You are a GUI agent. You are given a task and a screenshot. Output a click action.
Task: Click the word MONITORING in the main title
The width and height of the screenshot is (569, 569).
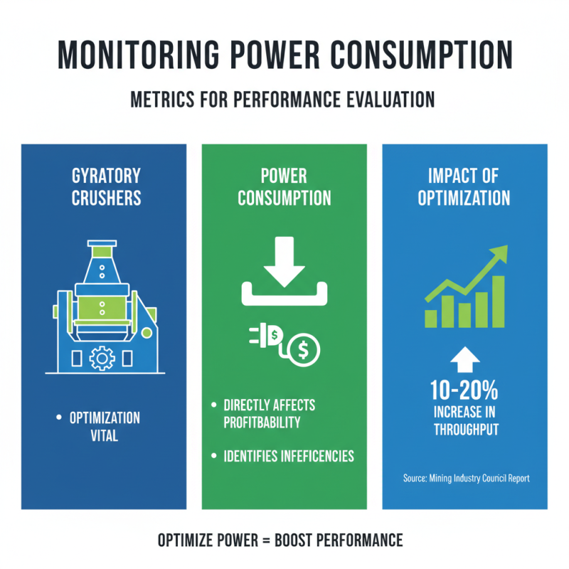coord(139,55)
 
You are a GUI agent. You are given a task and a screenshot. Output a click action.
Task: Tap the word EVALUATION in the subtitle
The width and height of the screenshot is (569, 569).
coord(390,100)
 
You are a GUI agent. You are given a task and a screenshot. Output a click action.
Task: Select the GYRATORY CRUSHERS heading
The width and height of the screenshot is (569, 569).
coord(106,187)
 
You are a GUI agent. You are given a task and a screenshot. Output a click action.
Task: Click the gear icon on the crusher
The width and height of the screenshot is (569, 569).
coord(102,358)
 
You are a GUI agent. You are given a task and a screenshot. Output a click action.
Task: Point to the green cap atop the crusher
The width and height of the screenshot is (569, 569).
coord(102,252)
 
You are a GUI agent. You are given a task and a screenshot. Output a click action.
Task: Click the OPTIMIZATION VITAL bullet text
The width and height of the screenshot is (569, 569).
coord(105,427)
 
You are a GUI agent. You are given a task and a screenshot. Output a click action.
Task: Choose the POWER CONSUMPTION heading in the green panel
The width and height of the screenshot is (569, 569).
coord(284,187)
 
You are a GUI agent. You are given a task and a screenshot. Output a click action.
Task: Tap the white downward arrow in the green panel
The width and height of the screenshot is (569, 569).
coord(284,262)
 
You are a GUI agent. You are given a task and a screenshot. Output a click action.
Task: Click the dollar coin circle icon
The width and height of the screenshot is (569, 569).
coord(303,350)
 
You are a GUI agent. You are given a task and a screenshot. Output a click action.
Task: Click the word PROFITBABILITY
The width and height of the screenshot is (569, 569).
coord(262,422)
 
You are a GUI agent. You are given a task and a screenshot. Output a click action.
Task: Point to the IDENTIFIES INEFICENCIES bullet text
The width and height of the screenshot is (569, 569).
coord(289,456)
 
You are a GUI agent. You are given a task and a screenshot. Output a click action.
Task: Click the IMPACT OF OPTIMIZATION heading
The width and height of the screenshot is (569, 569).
coord(464,187)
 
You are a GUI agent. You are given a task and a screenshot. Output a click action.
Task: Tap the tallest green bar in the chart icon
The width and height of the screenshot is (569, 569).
coord(499,302)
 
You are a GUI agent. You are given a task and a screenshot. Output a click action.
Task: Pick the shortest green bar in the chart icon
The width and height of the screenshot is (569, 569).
coord(431,319)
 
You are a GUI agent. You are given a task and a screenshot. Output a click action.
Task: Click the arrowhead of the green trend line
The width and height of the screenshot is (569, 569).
coord(501,252)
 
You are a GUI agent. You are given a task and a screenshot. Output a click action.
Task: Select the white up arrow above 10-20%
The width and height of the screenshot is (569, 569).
coord(465,360)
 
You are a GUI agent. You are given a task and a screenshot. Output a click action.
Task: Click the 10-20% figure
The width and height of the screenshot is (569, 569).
coord(464,390)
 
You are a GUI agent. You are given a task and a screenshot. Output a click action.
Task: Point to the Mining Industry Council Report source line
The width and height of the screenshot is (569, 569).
coord(467,478)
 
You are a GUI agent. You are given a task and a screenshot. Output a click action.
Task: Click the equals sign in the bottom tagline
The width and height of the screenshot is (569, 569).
coord(266,541)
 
